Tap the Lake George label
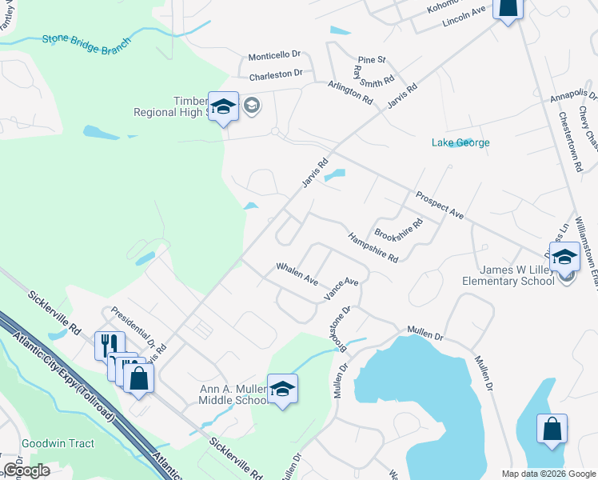tap(460, 143)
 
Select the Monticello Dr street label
tap(273, 56)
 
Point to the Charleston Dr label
tap(275, 74)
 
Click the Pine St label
tap(372, 60)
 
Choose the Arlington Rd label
tap(350, 93)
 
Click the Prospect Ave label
tap(439, 206)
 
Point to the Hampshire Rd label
tap(373, 247)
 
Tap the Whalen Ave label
tap(297, 274)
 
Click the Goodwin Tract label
tap(58, 444)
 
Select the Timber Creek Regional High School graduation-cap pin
tap(223, 106)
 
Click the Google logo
tap(26, 470)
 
